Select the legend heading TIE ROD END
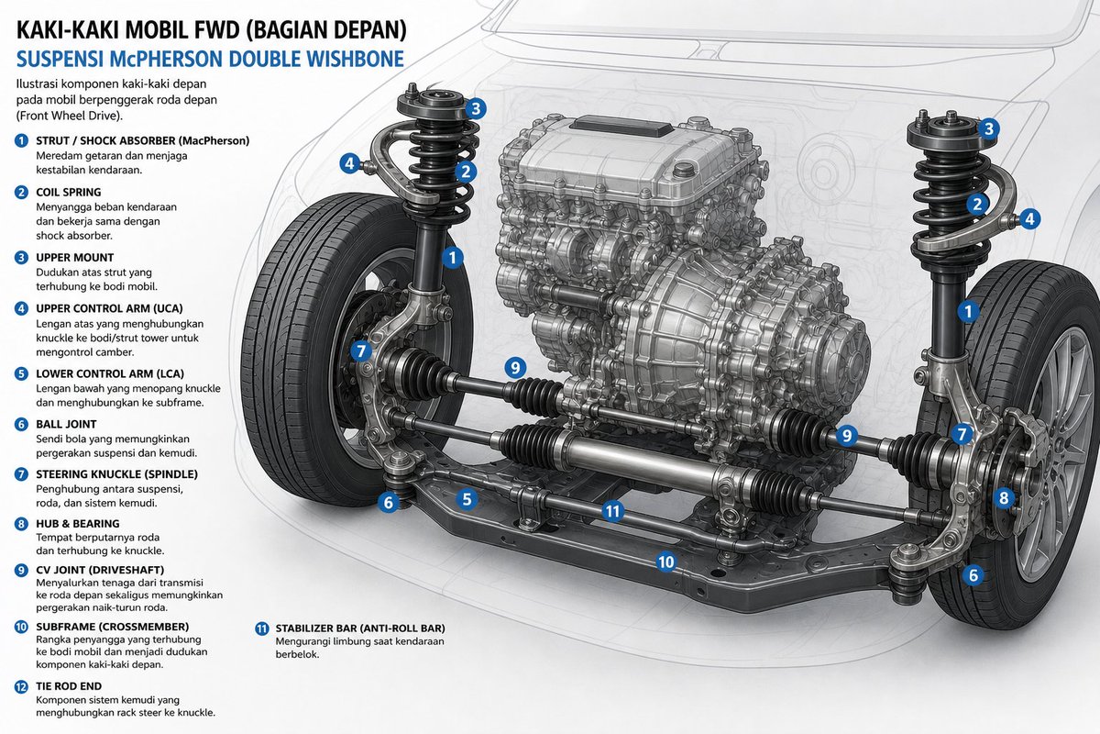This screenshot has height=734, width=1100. click(69, 686)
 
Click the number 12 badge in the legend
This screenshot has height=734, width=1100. click(21, 687)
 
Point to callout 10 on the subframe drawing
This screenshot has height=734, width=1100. click(665, 562)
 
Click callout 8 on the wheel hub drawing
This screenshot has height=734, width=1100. click(1004, 498)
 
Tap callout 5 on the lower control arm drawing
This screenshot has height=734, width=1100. click(466, 499)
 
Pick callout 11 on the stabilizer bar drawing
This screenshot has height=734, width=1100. click(612, 511)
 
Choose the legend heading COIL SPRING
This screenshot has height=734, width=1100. click(68, 193)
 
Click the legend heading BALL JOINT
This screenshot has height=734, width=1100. click(66, 424)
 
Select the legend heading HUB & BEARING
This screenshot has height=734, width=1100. click(78, 524)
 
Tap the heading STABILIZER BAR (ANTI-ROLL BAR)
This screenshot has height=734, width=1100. click(360, 628)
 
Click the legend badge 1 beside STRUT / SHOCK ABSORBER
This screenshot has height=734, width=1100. click(21, 141)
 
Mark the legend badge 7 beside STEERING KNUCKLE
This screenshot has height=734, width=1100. click(21, 474)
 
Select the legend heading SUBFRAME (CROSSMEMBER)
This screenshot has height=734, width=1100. click(113, 627)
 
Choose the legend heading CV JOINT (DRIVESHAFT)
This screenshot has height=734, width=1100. click(100, 571)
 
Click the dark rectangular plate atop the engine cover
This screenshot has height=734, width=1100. click(621, 127)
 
